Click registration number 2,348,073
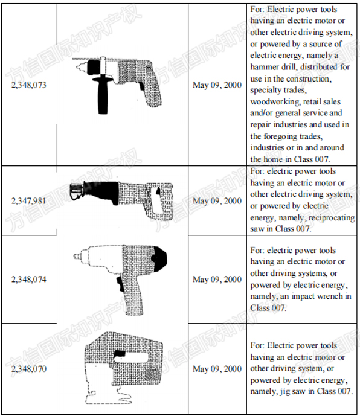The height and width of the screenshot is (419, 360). pyautogui.click(x=28, y=85)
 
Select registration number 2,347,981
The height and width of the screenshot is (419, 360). pyautogui.click(x=28, y=200)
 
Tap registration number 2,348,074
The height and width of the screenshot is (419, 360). pyautogui.click(x=28, y=280)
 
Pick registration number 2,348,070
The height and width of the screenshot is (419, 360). pyautogui.click(x=28, y=369)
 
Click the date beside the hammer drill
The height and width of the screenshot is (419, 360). pyautogui.click(x=217, y=85)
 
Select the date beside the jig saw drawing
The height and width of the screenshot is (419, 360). pyautogui.click(x=217, y=369)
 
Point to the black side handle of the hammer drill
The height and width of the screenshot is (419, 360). pyautogui.click(x=103, y=94)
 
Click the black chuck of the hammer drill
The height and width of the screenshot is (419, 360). pyautogui.click(x=94, y=67)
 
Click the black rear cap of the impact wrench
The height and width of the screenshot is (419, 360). pyautogui.click(x=160, y=258)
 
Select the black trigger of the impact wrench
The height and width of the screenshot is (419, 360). pyautogui.click(x=120, y=284)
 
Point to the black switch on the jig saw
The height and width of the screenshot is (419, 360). pyautogui.click(x=120, y=354)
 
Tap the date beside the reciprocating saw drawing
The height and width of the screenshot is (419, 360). pyautogui.click(x=217, y=200)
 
